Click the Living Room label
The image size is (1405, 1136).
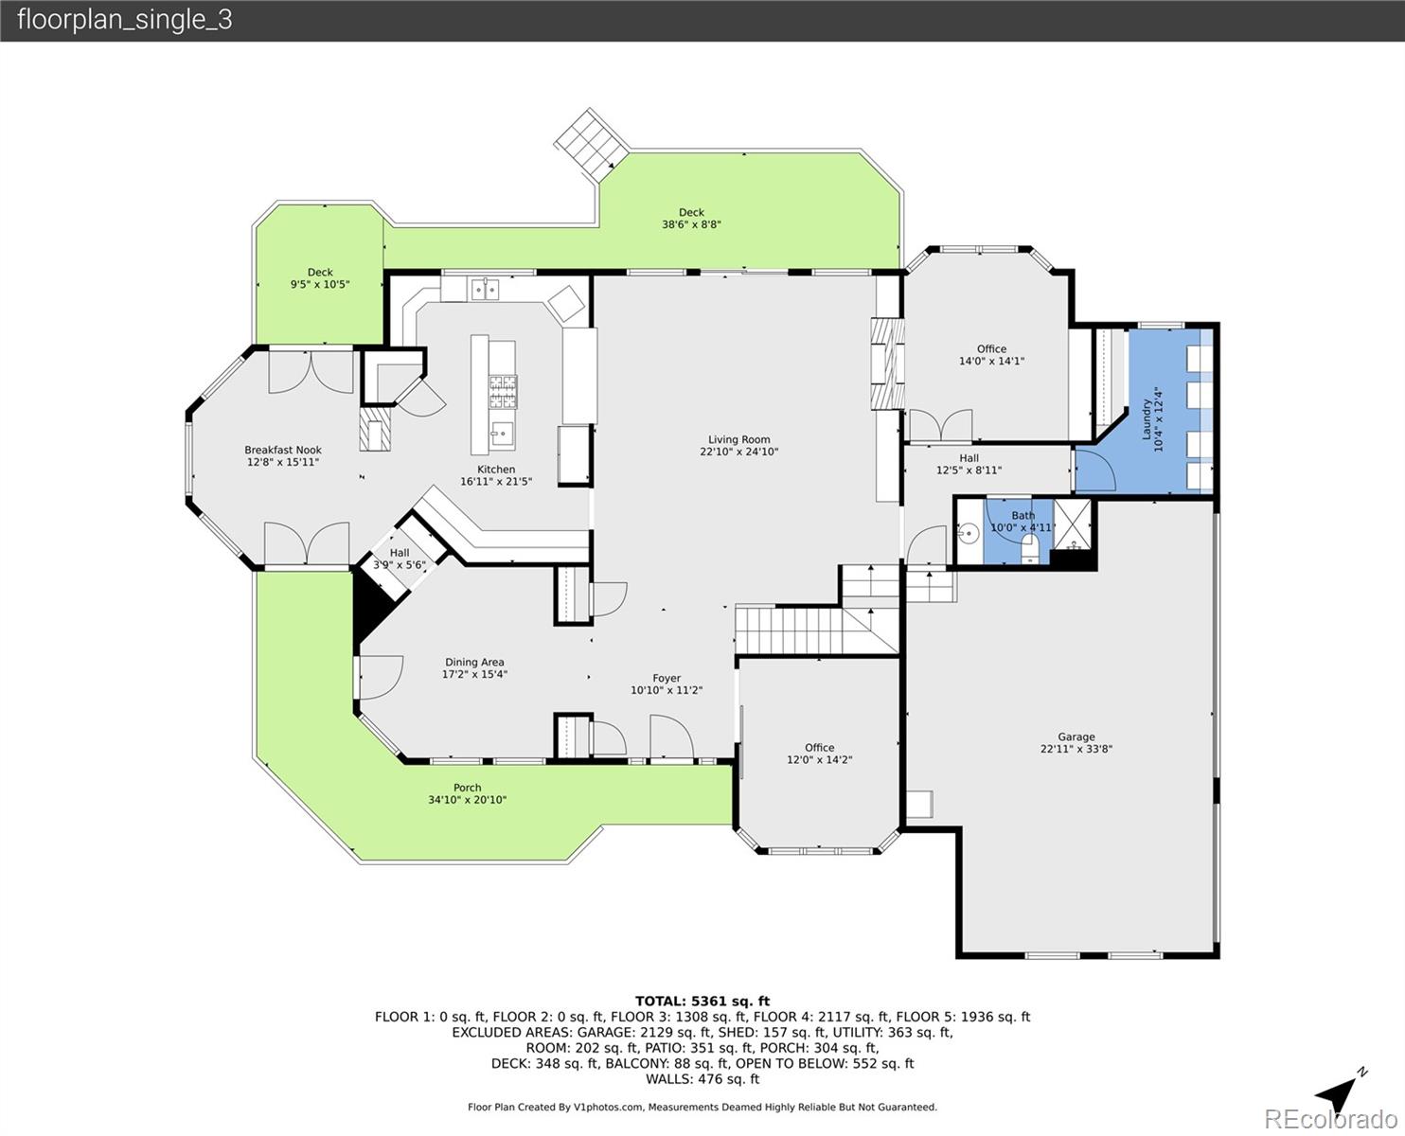pyautogui.click(x=739, y=439)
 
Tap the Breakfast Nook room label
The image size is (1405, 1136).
pyautogui.click(x=283, y=451)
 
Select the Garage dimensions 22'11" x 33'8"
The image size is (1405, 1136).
pyautogui.click(x=1076, y=749)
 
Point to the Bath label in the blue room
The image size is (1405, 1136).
pyautogui.click(x=1023, y=516)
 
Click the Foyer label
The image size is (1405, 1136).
pyautogui.click(x=667, y=678)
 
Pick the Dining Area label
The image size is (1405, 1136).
pyautogui.click(x=474, y=663)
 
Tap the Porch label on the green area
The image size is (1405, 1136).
pyautogui.click(x=467, y=788)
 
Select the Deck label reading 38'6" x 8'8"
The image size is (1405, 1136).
pyautogui.click(x=691, y=213)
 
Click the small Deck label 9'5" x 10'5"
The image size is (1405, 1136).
pyautogui.click(x=320, y=273)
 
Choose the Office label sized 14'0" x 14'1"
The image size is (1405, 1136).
pyautogui.click(x=991, y=349)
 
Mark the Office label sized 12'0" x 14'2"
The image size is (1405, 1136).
pyautogui.click(x=819, y=748)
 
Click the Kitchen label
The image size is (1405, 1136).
pyautogui.click(x=496, y=470)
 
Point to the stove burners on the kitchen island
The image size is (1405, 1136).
pyautogui.click(x=502, y=385)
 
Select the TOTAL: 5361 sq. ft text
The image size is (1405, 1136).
pyautogui.click(x=702, y=1001)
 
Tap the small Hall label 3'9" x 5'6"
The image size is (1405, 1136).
pyautogui.click(x=400, y=553)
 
